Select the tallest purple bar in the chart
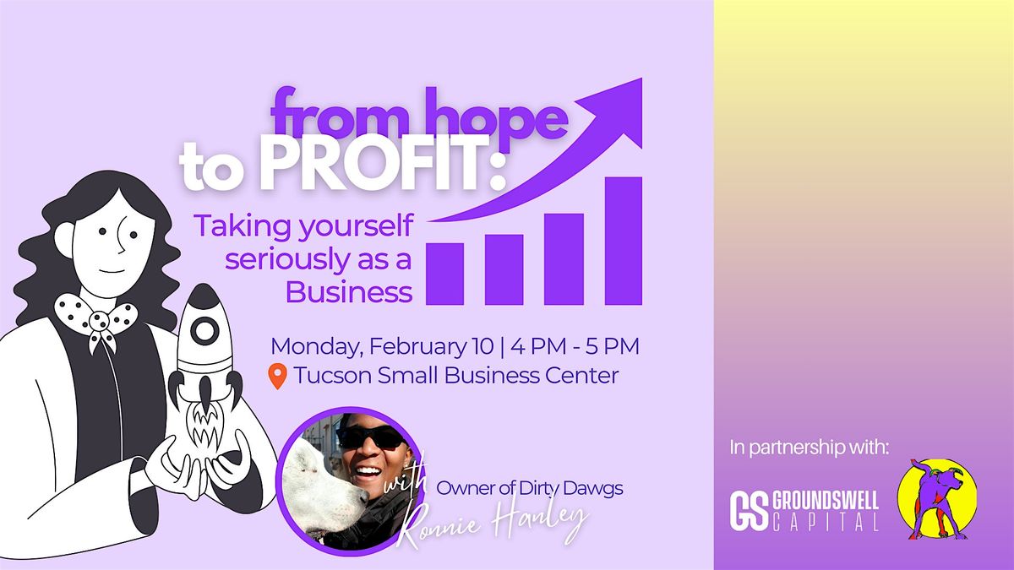[x=624, y=241]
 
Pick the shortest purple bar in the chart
[x=445, y=274]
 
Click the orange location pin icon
[x=277, y=376]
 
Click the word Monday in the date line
[x=318, y=347]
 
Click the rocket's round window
[x=204, y=331]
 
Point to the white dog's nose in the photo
[x=363, y=497]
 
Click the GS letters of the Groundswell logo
[x=749, y=511]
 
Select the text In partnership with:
[x=810, y=448]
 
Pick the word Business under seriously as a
[x=348, y=292]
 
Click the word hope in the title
[x=496, y=114]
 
